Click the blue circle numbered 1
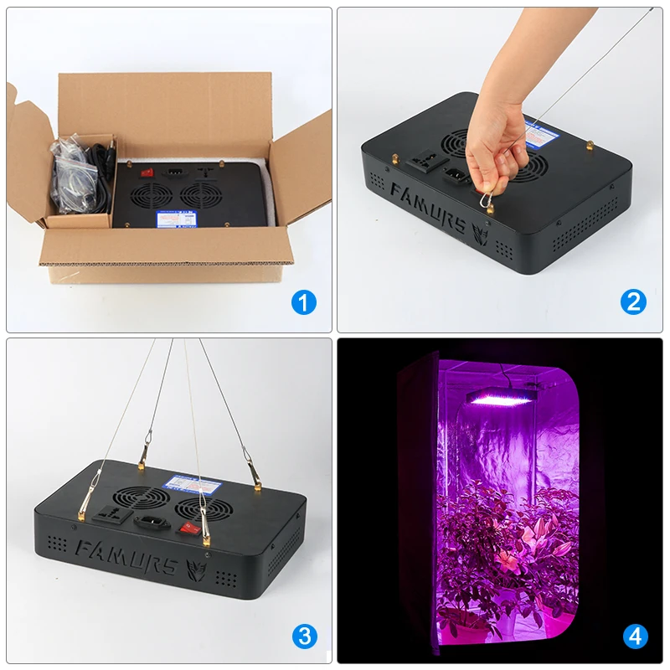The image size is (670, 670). [304, 302]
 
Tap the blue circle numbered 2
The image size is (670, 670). [634, 302]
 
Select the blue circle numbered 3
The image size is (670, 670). [304, 636]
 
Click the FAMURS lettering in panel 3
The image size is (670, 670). [126, 556]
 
